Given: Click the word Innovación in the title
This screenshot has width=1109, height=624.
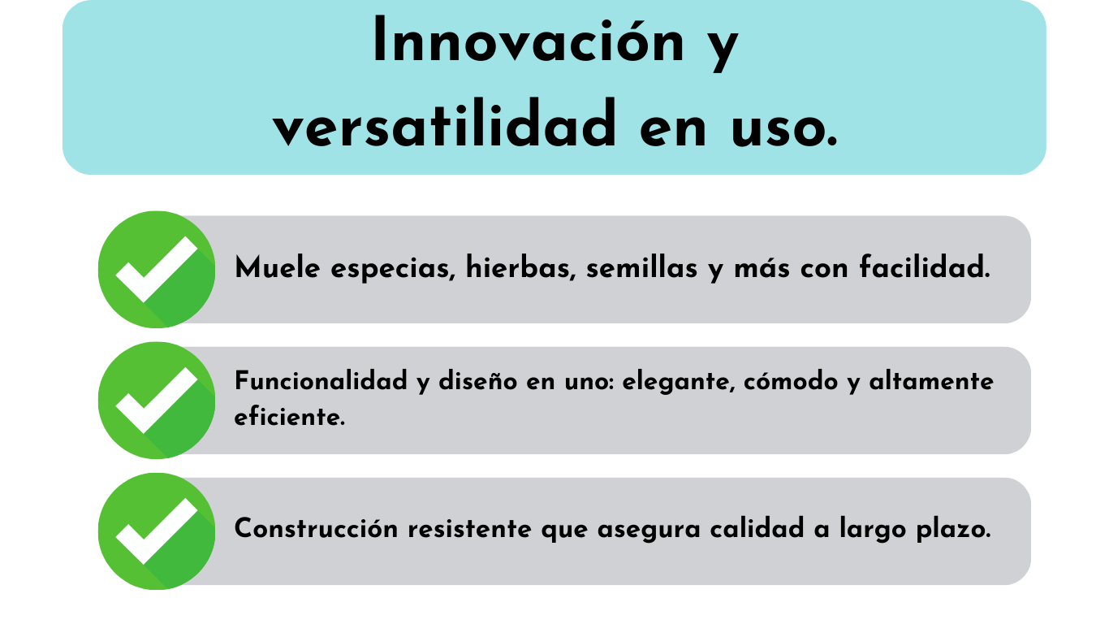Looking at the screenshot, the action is pos(529,41).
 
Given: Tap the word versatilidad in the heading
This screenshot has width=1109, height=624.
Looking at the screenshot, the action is pos(444,124).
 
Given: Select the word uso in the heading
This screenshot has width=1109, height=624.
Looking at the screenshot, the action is pos(784,130).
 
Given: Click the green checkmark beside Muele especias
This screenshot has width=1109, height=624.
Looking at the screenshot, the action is pos(157,269).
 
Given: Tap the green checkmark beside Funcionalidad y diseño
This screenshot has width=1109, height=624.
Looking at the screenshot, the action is pos(157,400).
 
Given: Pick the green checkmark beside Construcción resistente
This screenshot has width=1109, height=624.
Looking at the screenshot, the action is pos(157,531).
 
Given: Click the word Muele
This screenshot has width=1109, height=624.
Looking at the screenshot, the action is pos(278,267).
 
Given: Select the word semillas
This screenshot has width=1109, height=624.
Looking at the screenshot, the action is pos(641,267).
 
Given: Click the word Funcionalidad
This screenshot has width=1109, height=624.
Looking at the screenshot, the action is pos(321,380).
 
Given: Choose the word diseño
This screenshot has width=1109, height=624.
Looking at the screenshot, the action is pos(478,380).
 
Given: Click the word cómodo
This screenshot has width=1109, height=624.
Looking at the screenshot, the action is pos(791,380).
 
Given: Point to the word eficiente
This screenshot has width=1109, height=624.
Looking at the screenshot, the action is pos(289,416).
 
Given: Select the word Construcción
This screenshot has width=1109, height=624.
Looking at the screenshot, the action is pos(316,528).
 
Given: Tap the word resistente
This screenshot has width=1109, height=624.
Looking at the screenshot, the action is pos(470,529).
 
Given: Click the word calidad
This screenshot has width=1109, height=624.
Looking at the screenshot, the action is pos(757,528).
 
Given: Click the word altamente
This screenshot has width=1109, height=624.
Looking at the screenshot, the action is pos(931,380).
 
